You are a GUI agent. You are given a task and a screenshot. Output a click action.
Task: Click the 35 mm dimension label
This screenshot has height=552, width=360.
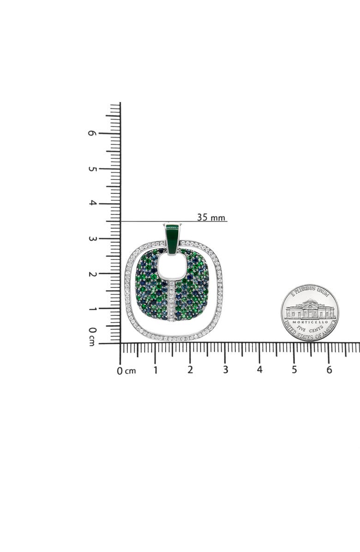click(211, 217)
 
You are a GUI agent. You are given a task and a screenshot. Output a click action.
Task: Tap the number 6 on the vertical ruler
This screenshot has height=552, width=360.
click(92, 133)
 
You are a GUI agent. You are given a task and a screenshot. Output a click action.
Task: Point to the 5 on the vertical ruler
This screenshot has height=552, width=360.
click(92, 168)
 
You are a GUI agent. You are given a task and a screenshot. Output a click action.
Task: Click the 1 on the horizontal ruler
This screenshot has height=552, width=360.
click(156, 370)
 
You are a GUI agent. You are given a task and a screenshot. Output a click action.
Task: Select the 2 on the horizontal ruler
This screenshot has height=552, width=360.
click(190, 370)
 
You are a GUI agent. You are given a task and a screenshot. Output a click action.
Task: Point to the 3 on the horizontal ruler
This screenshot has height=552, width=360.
click(225, 370)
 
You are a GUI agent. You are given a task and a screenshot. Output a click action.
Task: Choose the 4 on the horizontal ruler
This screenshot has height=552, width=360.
click(260, 370)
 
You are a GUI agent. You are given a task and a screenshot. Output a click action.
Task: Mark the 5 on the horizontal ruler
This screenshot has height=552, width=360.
click(294, 370)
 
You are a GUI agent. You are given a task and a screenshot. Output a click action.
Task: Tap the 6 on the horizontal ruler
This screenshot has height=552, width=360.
click(329, 370)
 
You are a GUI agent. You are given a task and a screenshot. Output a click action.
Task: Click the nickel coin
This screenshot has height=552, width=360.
click(310, 312)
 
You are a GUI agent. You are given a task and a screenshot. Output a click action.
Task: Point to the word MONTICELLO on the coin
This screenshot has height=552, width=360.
click(310, 322)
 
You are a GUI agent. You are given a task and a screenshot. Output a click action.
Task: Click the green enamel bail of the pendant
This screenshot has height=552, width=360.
click(172, 239)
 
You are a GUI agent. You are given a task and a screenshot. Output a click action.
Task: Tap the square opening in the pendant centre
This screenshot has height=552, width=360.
click(172, 267)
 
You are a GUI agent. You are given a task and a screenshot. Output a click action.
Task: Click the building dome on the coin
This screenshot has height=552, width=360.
click(310, 302)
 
